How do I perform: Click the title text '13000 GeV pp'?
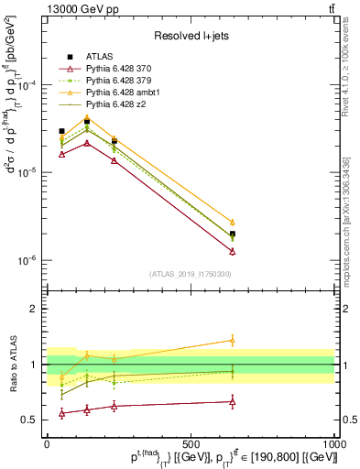[75, 8]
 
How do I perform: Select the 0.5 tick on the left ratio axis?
[30, 420]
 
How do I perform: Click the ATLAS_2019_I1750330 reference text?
[190, 273]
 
